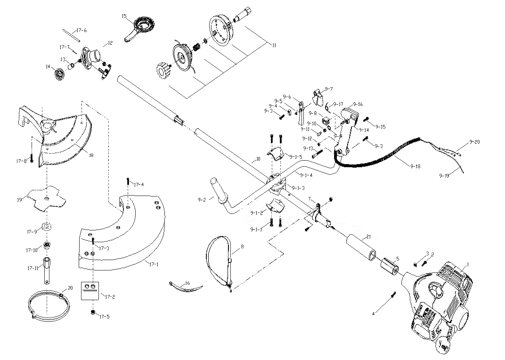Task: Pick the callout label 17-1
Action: pyautogui.click(x=154, y=264)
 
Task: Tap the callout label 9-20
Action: pyautogui.click(x=474, y=142)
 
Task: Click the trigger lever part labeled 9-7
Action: pyautogui.click(x=319, y=97)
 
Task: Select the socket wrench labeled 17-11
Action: pyautogui.click(x=49, y=268)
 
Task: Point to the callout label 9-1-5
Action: pyautogui.click(x=295, y=157)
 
